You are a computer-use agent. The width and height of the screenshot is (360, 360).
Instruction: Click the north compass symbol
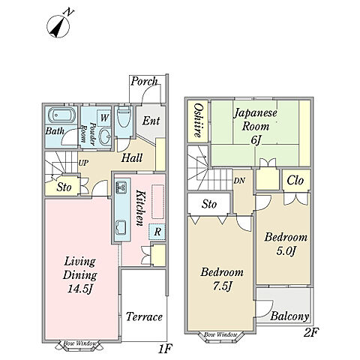[59, 26]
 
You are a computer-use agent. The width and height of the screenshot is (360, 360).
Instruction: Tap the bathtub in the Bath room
[61, 115]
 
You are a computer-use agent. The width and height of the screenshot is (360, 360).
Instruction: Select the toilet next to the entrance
[124, 117]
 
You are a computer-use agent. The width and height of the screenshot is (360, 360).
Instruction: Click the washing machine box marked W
[104, 117]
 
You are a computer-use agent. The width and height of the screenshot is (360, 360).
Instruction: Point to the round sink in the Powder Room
[105, 136]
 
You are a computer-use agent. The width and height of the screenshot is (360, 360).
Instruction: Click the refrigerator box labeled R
[157, 232]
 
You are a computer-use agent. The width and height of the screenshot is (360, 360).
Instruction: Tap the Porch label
[144, 82]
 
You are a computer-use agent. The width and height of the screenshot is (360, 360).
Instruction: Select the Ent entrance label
[151, 121]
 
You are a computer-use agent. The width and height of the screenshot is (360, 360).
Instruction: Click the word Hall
[132, 157]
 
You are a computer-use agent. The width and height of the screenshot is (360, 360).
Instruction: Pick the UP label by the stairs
[83, 163]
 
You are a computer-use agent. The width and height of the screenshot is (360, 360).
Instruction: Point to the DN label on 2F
[239, 181]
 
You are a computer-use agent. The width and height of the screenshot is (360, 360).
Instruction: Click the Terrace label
[144, 316]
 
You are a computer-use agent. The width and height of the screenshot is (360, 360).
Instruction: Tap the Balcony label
[289, 316]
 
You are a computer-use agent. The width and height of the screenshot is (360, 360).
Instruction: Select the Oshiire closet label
[198, 121]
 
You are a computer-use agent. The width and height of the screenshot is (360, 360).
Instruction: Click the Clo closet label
[295, 180]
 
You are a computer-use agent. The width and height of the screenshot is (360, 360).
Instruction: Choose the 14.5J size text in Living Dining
[80, 289]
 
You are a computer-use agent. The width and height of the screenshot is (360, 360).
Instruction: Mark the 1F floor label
[165, 349]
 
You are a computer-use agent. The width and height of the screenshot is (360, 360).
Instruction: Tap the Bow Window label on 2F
[220, 334]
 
